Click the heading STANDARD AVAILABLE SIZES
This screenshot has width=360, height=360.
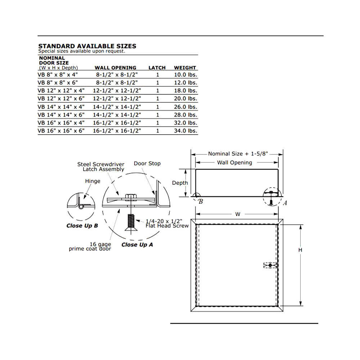pyautogui.click(x=87, y=46)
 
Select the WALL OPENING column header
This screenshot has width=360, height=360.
pyautogui.click(x=115, y=68)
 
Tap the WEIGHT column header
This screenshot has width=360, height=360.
pyautogui.click(x=185, y=68)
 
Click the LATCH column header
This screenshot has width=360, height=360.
pyautogui.click(x=157, y=68)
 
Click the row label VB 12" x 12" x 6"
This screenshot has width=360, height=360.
pyautogui.click(x=61, y=99)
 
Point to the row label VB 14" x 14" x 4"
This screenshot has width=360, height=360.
pyautogui.click(x=61, y=107)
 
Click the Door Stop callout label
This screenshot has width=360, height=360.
pyautogui.click(x=147, y=163)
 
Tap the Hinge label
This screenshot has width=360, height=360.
pyautogui.click(x=93, y=181)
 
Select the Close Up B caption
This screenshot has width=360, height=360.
pyautogui.click(x=82, y=226)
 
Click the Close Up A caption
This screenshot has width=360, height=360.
pyautogui.click(x=137, y=245)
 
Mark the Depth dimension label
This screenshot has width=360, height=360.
pyautogui.click(x=180, y=183)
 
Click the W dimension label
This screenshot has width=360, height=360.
pyautogui.click(x=238, y=214)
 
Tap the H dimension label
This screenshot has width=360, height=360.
pyautogui.click(x=300, y=250)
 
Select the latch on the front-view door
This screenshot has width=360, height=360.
pyautogui.click(x=270, y=266)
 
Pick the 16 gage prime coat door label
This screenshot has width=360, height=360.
pyautogui.click(x=90, y=247)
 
